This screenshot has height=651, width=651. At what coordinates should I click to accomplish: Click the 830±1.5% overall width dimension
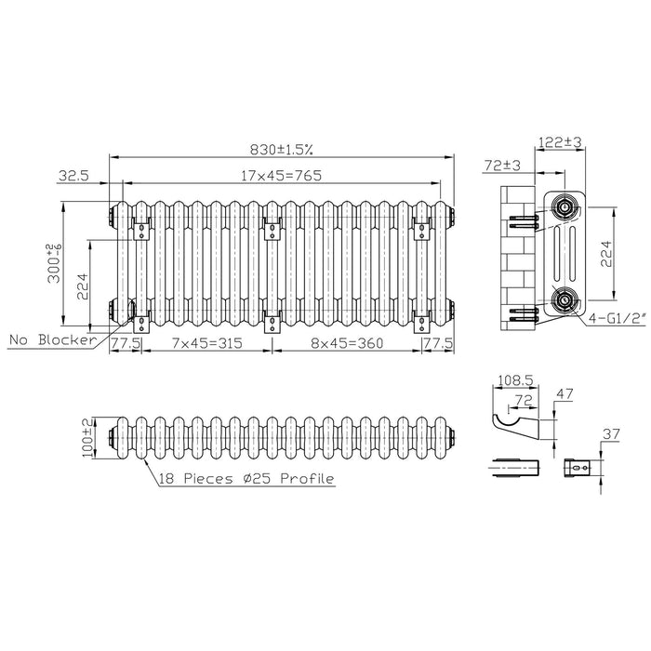click(x=281, y=150)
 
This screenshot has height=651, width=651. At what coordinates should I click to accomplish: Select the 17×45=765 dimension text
click(x=282, y=176)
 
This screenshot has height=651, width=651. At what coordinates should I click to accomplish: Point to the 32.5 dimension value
click(x=73, y=175)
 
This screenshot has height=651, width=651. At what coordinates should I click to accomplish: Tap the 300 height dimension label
click(x=55, y=263)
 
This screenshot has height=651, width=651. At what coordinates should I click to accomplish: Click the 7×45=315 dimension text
click(x=206, y=343)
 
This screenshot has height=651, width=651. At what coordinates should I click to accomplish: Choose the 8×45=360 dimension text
click(x=347, y=343)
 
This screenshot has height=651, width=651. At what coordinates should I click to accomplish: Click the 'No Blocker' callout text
click(x=53, y=340)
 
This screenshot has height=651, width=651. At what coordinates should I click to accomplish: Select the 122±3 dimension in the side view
click(x=560, y=142)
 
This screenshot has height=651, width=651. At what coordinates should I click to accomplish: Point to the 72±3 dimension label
click(x=502, y=166)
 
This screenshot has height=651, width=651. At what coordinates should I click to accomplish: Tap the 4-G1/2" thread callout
click(x=618, y=319)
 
